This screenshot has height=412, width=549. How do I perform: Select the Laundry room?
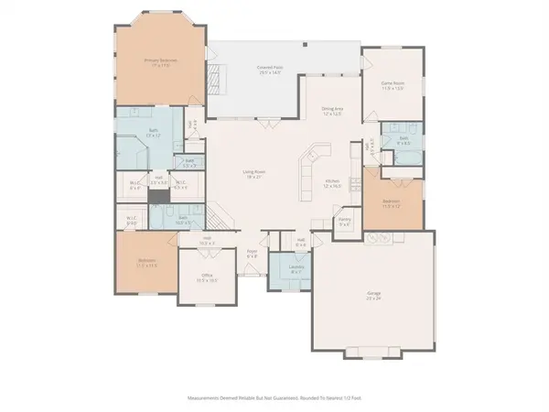point(296,271)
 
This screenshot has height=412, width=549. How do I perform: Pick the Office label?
point(208,279)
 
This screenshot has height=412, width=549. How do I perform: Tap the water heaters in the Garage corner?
point(376,239)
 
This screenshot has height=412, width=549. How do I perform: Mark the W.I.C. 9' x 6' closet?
point(131,219)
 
